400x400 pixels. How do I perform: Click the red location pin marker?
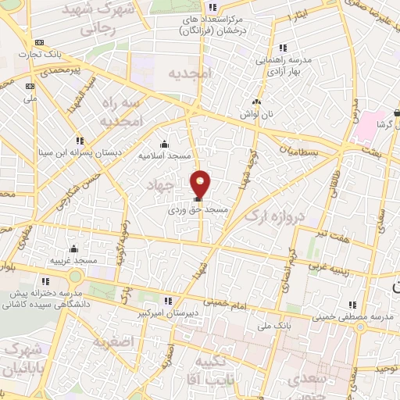click(x=201, y=183)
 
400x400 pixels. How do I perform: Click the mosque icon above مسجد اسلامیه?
click(x=164, y=144)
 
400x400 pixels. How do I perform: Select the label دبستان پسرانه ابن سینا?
click(x=77, y=153)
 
